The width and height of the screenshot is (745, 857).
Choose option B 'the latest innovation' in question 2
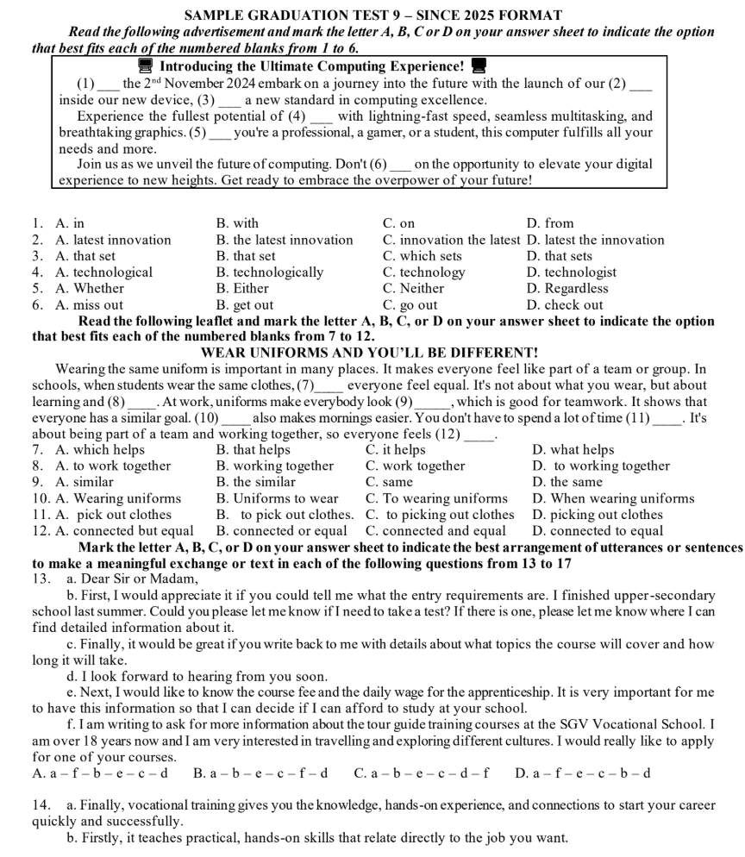click(285, 240)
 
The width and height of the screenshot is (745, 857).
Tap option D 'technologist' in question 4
click(572, 272)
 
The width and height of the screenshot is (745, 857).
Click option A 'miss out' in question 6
click(89, 304)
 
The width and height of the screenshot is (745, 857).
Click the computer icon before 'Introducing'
click(146, 66)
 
